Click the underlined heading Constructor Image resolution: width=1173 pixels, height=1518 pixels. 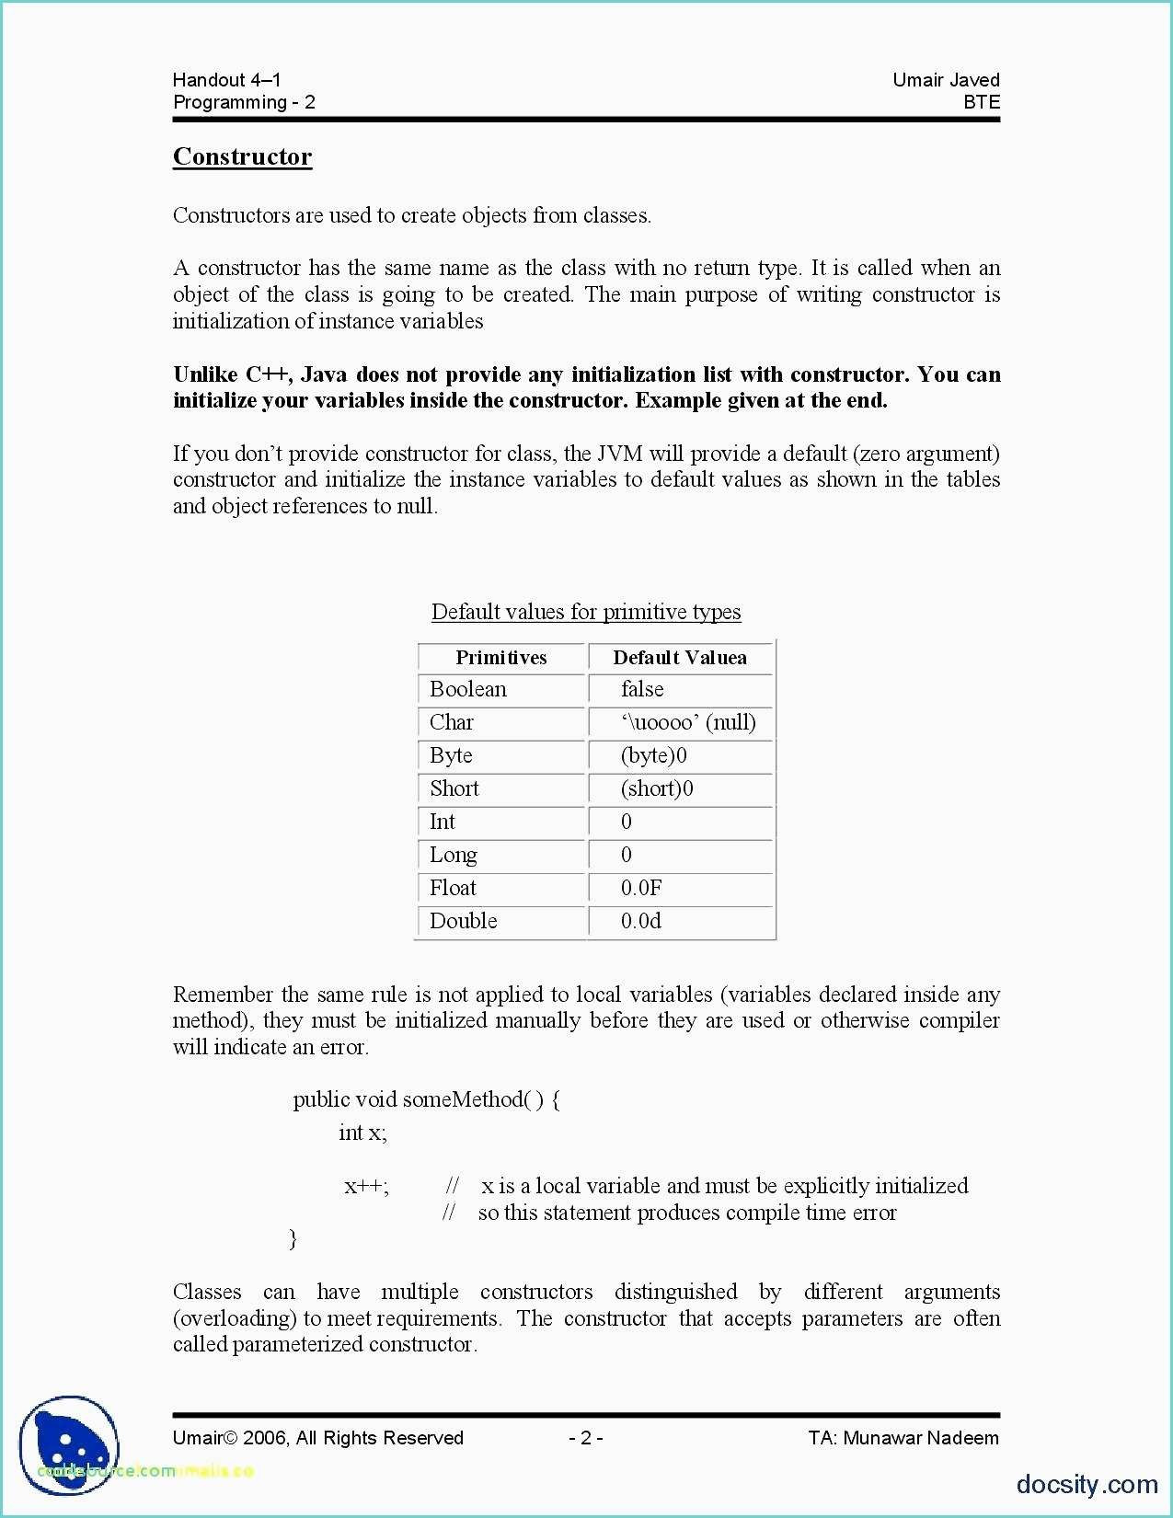tap(243, 156)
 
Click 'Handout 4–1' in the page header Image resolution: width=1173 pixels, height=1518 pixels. tap(226, 80)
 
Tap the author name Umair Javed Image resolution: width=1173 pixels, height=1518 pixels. tap(946, 80)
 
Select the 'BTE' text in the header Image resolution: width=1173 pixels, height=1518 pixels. tap(981, 102)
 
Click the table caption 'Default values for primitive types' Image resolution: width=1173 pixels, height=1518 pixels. tap(586, 612)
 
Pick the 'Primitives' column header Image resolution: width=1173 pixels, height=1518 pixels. tap(500, 657)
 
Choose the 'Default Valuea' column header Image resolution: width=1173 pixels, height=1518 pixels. tap(680, 657)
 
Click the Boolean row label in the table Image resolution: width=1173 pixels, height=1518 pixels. tap(467, 689)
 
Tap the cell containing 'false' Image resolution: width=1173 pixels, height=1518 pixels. tap(642, 689)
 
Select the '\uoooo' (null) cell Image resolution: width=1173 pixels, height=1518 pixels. tap(688, 722)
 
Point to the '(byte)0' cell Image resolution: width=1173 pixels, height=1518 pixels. tap(654, 755)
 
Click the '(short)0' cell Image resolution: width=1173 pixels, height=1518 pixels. tap(657, 788)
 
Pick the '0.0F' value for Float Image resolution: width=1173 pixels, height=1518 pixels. tap(641, 888)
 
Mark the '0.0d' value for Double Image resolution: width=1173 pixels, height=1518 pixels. tap(641, 921)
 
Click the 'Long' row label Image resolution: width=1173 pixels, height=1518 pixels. tap(454, 855)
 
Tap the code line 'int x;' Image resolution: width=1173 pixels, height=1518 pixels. tap(362, 1133)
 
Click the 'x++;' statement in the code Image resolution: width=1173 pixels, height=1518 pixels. tap(366, 1186)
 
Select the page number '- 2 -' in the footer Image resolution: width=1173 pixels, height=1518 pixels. tap(586, 1438)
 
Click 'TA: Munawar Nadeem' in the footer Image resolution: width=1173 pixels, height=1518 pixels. tap(903, 1438)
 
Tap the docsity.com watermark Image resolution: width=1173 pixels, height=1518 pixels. tap(1087, 1484)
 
